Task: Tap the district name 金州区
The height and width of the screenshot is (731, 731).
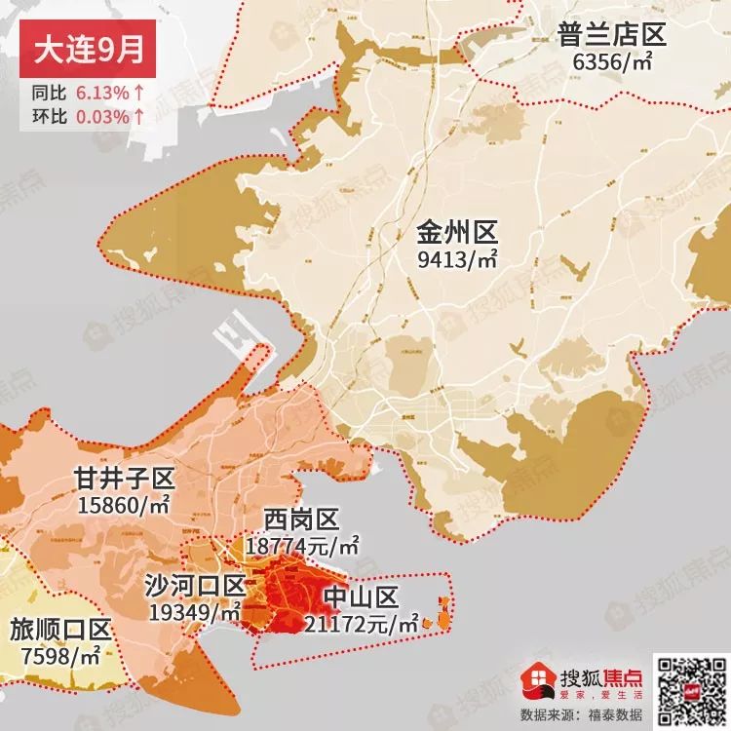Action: pos(457,234)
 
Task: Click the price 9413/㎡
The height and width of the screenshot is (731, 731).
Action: pos(457,260)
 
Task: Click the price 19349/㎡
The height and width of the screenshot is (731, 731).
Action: pos(195,612)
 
